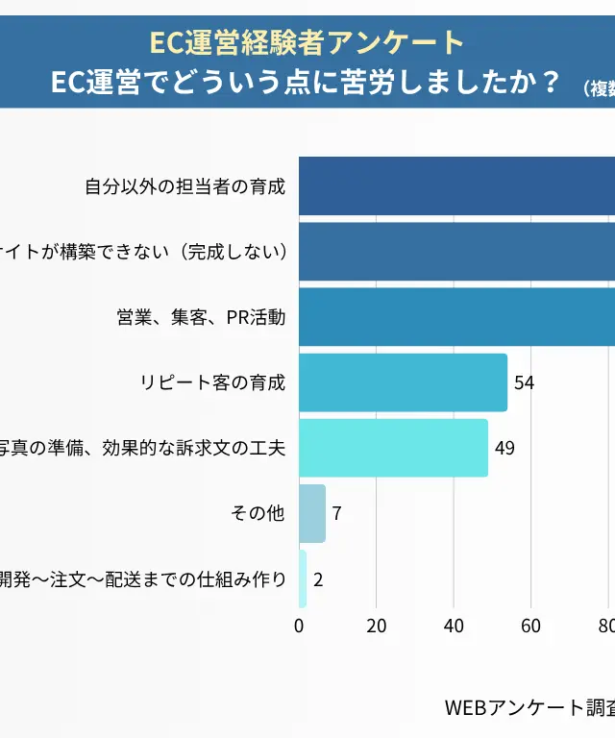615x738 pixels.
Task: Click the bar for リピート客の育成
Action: point(403,382)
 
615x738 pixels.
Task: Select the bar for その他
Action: point(312,513)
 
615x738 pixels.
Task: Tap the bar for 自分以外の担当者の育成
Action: point(456,186)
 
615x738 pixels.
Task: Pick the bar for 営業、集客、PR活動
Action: point(456,317)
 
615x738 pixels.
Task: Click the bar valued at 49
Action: point(393,448)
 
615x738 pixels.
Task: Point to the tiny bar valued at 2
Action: point(303,578)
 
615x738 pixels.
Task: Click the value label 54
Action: point(524,382)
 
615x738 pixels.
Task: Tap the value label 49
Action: point(504,448)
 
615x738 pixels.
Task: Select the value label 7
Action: point(336,513)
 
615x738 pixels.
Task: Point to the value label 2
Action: point(318,578)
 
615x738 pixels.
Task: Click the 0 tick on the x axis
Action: point(299,626)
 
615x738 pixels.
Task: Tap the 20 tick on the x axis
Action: point(377,626)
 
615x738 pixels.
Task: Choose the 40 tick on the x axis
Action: point(454,626)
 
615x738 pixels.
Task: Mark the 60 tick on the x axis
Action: point(530,626)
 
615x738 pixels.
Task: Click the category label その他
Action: point(258,513)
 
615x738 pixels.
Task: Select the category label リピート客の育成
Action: point(212,382)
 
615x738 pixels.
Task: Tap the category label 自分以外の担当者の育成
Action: point(184,186)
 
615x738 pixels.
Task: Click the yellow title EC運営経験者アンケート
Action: point(307,42)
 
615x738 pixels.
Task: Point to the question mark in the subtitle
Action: point(551,83)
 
